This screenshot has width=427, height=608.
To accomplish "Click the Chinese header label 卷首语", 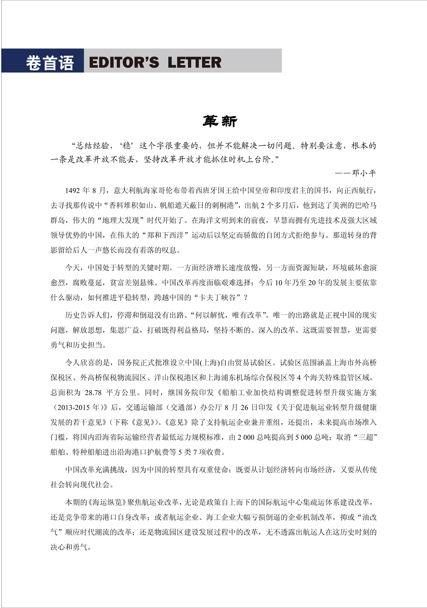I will (49, 63).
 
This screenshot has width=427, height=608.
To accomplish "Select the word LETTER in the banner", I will (194, 63).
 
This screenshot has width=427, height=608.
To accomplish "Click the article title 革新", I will (220, 121).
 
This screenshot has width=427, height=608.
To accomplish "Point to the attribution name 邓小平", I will (364, 173).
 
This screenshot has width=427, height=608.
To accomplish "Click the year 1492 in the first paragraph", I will (73, 191).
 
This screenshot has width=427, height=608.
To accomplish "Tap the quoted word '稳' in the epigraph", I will (127, 146).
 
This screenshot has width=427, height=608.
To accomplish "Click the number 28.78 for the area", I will (93, 393).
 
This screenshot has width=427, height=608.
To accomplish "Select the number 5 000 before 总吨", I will (303, 437).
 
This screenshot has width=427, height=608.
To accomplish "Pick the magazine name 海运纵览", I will (107, 502).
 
